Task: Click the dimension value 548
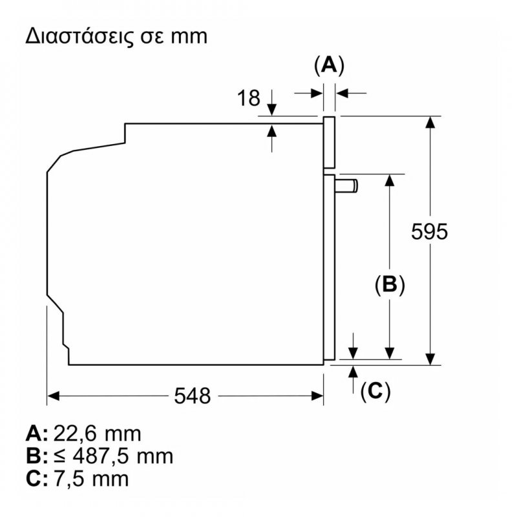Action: point(192,396)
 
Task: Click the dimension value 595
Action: point(429,231)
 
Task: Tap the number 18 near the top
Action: point(249,98)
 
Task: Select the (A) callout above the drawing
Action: point(329,66)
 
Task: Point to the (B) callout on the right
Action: point(390,284)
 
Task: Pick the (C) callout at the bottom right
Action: point(375,392)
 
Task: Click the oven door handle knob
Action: point(346,185)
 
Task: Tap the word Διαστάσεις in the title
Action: point(79,37)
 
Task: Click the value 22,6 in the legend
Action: point(75,434)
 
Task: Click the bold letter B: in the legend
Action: point(36,456)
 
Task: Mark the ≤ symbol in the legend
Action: point(59,457)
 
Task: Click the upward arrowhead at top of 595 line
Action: point(430,122)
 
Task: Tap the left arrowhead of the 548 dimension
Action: point(54,396)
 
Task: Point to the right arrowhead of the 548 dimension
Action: point(317,396)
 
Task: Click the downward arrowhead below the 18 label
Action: point(271,109)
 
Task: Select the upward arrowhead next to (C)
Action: point(353,372)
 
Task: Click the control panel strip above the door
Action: point(329,142)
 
